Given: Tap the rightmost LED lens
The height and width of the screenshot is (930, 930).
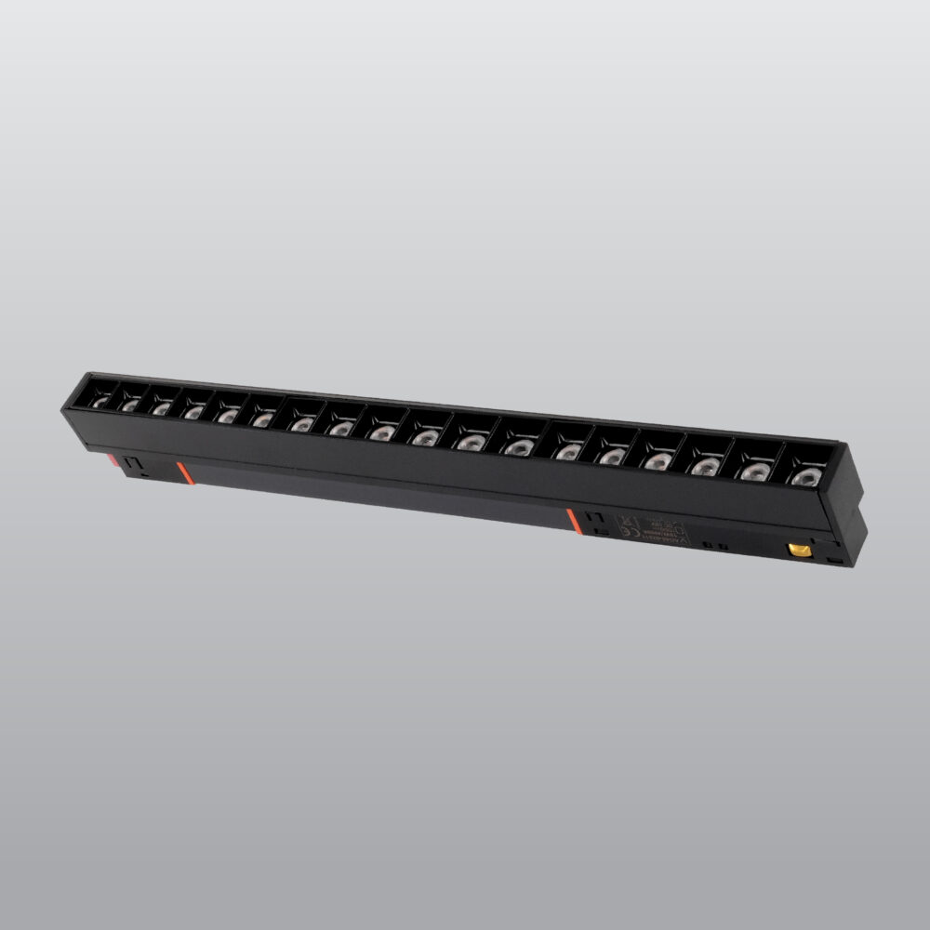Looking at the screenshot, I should pos(800,478).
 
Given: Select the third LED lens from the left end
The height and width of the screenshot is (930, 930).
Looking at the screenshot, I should pos(162,407).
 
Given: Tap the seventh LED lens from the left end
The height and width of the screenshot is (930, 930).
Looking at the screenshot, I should pos(301,423).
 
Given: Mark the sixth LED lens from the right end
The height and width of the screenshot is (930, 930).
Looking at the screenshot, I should pos(567,452).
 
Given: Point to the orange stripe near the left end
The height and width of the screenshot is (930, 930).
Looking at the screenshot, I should pos(184,472).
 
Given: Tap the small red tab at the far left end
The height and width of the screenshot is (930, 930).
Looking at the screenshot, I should pos(113,458).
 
